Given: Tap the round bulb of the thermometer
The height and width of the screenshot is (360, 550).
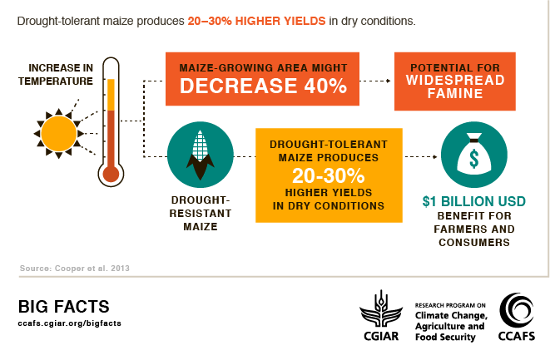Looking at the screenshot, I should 110,174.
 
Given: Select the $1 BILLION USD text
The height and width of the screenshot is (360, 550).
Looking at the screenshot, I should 473,202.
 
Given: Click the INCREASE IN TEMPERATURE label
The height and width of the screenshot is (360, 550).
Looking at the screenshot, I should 60,75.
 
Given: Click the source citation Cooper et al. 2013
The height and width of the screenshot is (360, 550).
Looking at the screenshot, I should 75,268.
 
